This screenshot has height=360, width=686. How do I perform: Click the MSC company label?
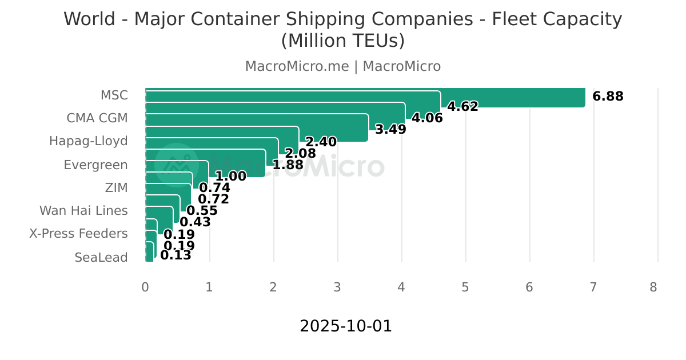[x=114, y=95]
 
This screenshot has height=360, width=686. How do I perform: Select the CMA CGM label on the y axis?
[x=97, y=118]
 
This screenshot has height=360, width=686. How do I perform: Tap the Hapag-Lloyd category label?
[x=88, y=141]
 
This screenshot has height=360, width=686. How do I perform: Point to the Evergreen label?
[x=95, y=165]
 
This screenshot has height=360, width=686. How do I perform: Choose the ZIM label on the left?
[x=116, y=188]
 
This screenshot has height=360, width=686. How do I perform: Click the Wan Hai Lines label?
[x=83, y=211]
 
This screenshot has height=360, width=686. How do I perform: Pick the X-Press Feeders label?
[x=78, y=234]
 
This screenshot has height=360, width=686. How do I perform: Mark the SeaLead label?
[x=101, y=258]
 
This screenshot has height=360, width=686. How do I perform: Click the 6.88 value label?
[x=608, y=97]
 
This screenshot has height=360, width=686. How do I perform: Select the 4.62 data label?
[x=462, y=106]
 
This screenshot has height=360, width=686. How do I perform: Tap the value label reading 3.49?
[x=390, y=130]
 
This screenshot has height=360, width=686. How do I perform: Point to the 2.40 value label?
[x=321, y=142]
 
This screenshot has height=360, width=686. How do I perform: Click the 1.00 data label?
[x=230, y=177]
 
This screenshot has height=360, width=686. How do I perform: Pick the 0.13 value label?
[x=176, y=255]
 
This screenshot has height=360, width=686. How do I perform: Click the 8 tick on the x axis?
[x=653, y=287]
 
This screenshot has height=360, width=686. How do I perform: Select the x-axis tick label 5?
[x=465, y=287]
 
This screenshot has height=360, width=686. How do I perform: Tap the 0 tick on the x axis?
[x=145, y=287]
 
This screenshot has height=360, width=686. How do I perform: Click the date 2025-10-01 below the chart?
[x=346, y=326]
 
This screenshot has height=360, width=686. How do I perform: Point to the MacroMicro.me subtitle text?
[x=297, y=66]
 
